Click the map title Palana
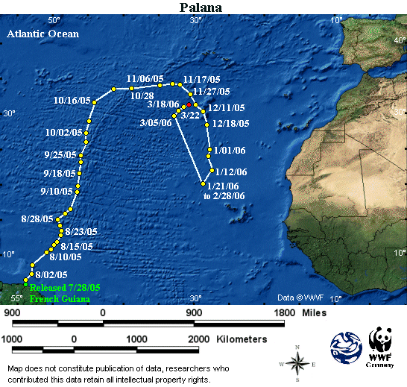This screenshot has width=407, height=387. pos(203,7)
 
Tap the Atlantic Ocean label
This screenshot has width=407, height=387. pos(42,34)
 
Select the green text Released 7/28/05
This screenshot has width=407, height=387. pos(64,288)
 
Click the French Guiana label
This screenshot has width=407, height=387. pos(60,299)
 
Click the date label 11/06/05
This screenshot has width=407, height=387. pos(145,78)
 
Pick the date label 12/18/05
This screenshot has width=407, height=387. pos(230,124)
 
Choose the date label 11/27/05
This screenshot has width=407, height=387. pos(211,92)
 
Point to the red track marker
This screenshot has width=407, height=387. pos(195,106)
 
